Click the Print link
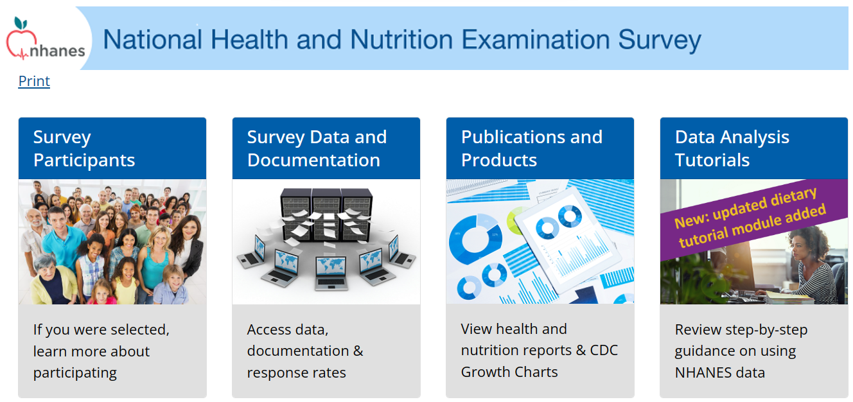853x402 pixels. point(34,81)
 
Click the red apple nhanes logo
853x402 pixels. point(45,39)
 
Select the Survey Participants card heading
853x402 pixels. point(84,148)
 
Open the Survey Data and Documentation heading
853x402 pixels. point(317,148)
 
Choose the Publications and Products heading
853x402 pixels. point(532,148)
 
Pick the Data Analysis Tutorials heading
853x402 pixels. point(732,148)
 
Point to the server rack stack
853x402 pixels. point(326,214)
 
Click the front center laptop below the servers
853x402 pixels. point(331,274)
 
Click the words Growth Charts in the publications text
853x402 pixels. point(509,372)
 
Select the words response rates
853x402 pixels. point(296,372)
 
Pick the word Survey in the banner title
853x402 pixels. point(659,40)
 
